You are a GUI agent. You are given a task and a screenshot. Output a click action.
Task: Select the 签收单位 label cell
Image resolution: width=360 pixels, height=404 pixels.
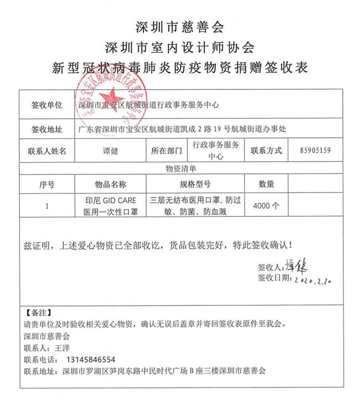46,105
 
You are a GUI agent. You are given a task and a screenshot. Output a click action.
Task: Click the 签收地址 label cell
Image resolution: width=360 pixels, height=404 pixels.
46,130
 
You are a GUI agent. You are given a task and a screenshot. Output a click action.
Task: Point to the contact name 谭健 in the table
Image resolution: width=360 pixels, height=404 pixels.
111,150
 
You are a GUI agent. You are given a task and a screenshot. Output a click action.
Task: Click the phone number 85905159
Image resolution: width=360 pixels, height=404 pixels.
315,150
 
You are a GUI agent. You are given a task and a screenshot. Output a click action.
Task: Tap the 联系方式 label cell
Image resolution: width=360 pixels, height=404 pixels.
266,150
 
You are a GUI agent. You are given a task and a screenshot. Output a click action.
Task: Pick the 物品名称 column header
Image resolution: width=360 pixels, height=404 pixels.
111,184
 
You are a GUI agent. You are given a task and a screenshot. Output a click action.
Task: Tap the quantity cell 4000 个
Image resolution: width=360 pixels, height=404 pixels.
266,205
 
